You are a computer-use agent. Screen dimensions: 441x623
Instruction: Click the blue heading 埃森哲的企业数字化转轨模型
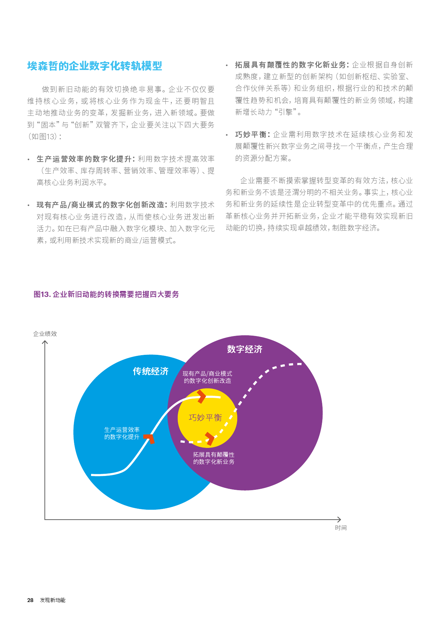click(x=95, y=66)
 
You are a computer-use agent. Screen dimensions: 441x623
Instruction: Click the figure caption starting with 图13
click(x=106, y=294)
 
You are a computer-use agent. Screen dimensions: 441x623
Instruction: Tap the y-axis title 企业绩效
click(x=45, y=334)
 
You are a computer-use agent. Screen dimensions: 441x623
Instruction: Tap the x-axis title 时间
click(x=341, y=528)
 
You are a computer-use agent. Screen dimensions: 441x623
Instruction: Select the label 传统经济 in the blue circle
click(x=151, y=372)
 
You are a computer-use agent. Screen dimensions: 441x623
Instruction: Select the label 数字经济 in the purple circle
click(x=245, y=350)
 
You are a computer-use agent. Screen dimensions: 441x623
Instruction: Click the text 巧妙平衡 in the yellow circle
click(x=205, y=418)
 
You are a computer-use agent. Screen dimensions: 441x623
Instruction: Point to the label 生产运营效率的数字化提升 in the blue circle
click(x=122, y=433)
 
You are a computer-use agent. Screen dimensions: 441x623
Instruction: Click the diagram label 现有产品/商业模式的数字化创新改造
click(x=207, y=377)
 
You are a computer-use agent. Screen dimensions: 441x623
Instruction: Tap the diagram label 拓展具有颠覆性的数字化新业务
click(x=214, y=458)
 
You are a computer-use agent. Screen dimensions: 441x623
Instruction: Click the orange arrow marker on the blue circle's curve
click(x=150, y=438)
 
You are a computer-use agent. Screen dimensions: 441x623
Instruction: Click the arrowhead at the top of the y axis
click(x=45, y=342)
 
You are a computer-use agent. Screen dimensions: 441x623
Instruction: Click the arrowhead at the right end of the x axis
click(x=339, y=520)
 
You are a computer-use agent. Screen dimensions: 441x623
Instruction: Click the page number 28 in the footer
click(x=30, y=600)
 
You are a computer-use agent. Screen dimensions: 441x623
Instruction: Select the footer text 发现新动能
click(x=53, y=600)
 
